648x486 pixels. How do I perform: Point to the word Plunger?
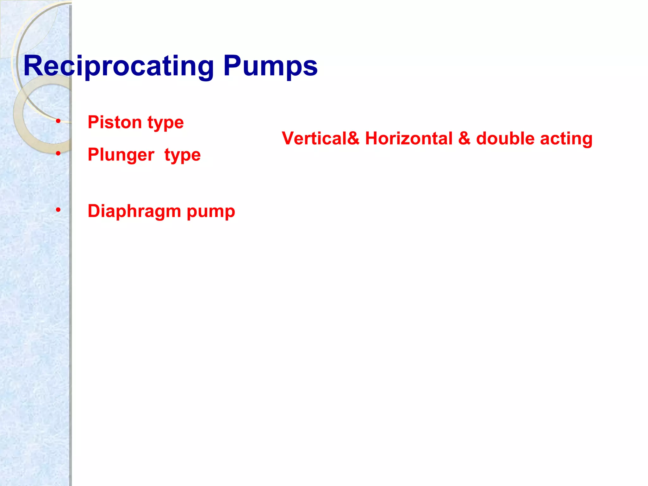pyautogui.click(x=121, y=155)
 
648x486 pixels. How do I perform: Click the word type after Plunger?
pyautogui.click(x=183, y=155)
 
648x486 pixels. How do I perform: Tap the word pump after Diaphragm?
pyautogui.click(x=211, y=211)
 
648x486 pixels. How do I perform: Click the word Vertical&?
pyautogui.click(x=321, y=139)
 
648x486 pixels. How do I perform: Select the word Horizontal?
pyautogui.click(x=408, y=139)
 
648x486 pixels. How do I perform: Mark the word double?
pyautogui.click(x=505, y=139)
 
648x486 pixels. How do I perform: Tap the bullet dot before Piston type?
pyautogui.click(x=58, y=121)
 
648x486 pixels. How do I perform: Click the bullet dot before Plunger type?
pyautogui.click(x=58, y=153)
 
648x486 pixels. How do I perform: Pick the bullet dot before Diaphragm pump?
pyautogui.click(x=58, y=210)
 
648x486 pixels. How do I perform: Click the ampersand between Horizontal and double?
pyautogui.click(x=464, y=139)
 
